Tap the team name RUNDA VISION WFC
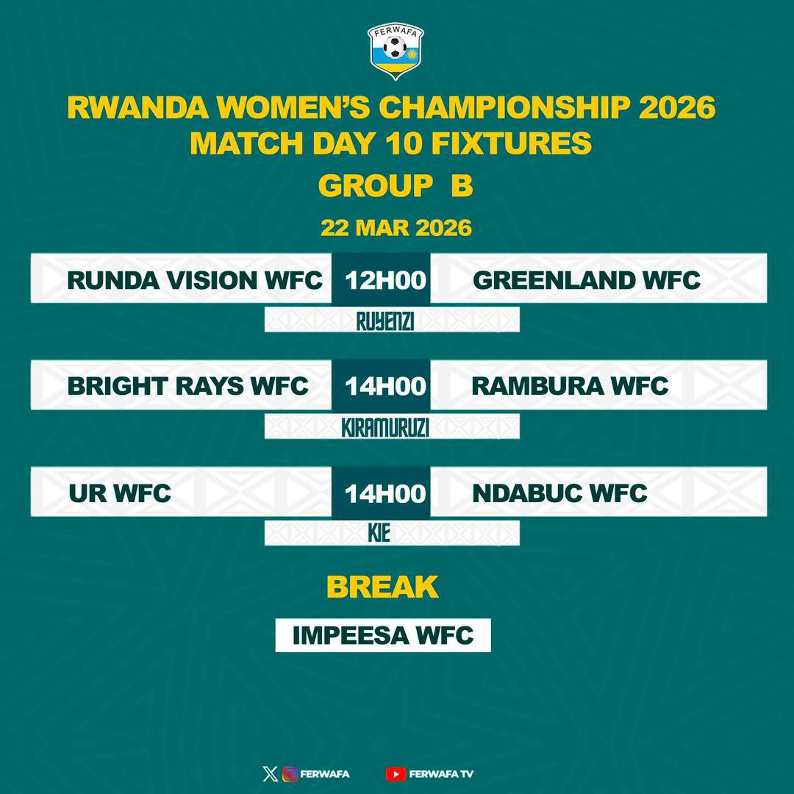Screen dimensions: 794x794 point(194,280)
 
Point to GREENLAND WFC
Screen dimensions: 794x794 point(586,280)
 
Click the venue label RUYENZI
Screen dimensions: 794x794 point(385,321)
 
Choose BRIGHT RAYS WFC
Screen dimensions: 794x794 point(187,386)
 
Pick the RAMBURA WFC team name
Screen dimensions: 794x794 point(570,386)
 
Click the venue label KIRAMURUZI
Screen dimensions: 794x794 point(385,428)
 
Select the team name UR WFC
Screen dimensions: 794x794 point(120,493)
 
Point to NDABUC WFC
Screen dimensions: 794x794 point(559,493)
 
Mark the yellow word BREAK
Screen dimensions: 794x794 point(382,587)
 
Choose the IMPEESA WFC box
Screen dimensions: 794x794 point(383,635)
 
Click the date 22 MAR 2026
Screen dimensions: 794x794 point(396,228)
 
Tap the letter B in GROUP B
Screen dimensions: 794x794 point(462,187)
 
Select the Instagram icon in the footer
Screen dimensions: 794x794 point(290,773)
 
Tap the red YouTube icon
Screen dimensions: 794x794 point(395,773)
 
